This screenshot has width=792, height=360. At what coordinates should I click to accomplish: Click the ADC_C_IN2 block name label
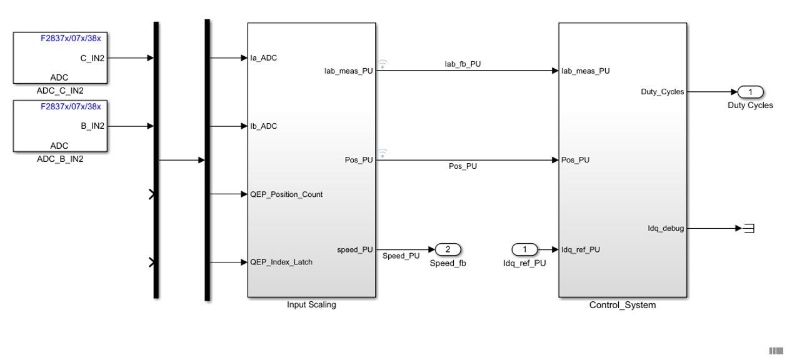click(60, 91)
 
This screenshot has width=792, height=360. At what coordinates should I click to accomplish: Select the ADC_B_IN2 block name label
click(60, 159)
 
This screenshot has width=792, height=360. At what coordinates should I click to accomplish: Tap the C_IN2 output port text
click(93, 58)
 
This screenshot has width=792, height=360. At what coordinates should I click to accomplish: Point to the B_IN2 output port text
click(93, 126)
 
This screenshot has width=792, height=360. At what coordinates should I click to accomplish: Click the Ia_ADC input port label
click(263, 58)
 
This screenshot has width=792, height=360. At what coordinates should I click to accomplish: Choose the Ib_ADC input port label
click(263, 126)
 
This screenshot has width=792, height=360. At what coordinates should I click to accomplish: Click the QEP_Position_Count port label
click(286, 194)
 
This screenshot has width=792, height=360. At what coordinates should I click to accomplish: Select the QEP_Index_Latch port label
click(281, 262)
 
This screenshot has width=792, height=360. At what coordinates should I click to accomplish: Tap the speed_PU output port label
click(355, 249)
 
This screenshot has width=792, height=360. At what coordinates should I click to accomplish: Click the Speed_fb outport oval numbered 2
click(448, 249)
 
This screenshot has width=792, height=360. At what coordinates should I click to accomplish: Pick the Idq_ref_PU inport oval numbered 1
click(524, 249)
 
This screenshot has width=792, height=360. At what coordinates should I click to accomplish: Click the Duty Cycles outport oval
click(751, 92)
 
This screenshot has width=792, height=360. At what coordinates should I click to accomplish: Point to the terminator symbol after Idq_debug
click(749, 229)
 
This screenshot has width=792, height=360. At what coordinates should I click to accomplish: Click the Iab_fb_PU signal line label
click(463, 64)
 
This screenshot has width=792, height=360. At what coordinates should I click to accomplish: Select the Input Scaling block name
click(311, 304)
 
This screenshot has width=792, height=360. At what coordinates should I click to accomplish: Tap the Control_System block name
click(623, 305)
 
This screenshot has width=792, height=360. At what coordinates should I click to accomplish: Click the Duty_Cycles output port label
click(663, 92)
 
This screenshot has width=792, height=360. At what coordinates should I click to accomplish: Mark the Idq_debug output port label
click(666, 229)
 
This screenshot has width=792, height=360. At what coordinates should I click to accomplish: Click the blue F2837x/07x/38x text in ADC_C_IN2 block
click(71, 38)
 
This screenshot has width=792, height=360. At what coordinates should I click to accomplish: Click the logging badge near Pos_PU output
click(382, 153)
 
